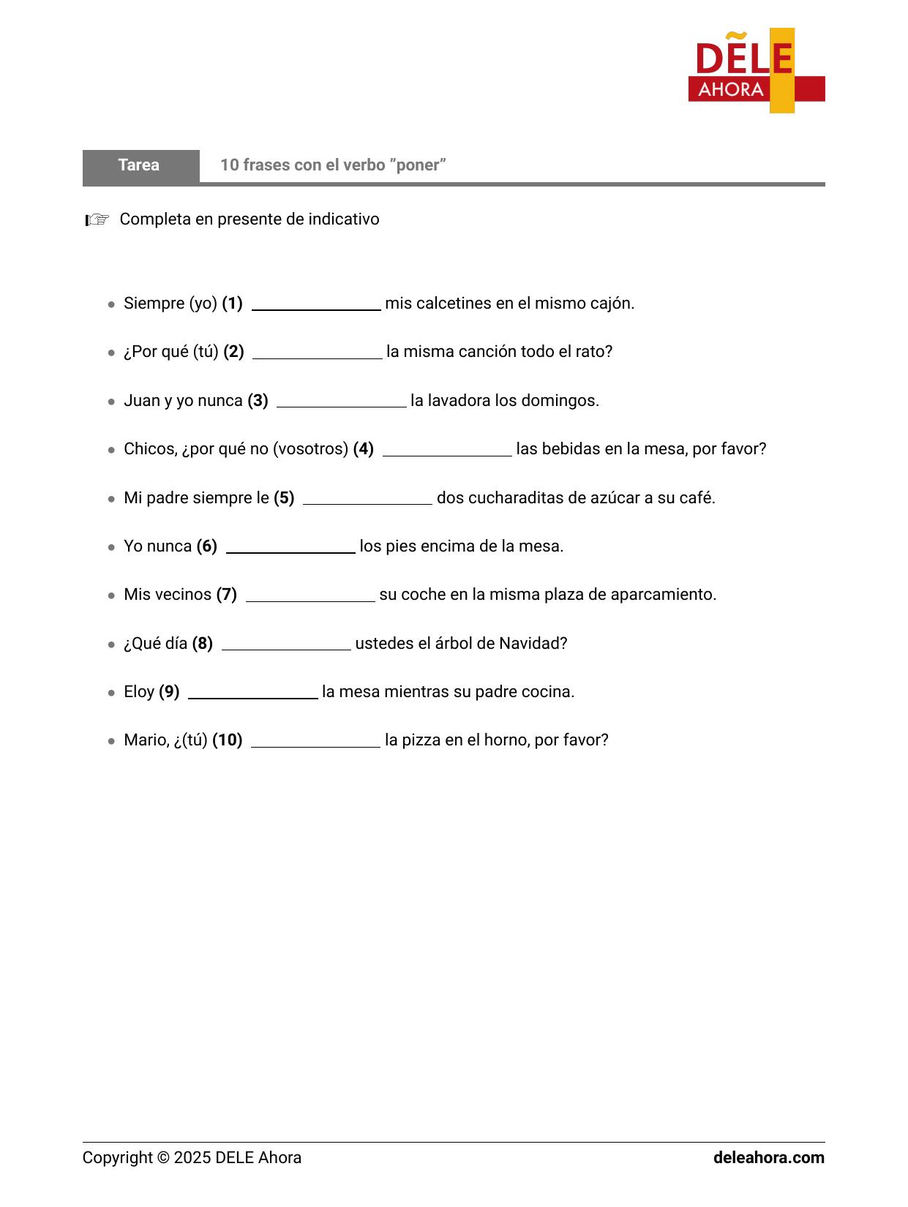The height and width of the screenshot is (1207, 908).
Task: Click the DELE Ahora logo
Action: point(756,71)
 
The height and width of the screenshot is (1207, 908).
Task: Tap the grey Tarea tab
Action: point(140,165)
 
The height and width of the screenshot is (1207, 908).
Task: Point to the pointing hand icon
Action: point(97,219)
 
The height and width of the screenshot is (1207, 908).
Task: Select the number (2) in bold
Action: point(233,352)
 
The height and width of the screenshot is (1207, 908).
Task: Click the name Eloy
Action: point(139,692)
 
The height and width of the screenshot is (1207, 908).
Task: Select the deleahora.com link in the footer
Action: point(768,1158)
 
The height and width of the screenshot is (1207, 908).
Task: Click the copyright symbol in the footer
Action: point(163,1158)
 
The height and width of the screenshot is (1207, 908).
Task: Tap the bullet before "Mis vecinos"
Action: point(111,595)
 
